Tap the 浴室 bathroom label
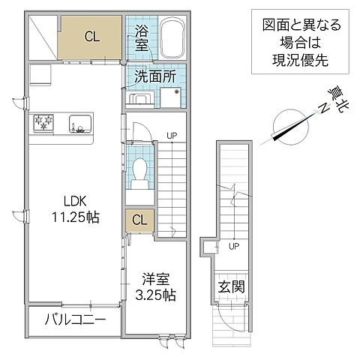pyautogui.click(x=142, y=38)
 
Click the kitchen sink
pyautogui.click(x=79, y=123)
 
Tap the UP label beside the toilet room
pyautogui.click(x=172, y=136)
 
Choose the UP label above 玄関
pyautogui.click(x=234, y=245)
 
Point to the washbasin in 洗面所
pyautogui.click(x=141, y=98)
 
